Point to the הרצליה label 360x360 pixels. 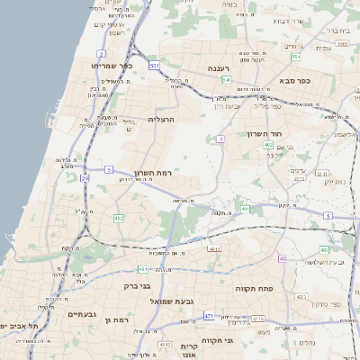[161, 119]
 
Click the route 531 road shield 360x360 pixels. [155, 66]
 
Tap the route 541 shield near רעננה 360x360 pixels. [226, 79]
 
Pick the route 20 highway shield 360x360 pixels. [85, 178]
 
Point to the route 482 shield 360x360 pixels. [118, 218]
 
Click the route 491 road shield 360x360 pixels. [245, 209]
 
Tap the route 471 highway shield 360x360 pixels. [209, 316]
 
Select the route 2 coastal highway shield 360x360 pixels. [101, 28]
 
